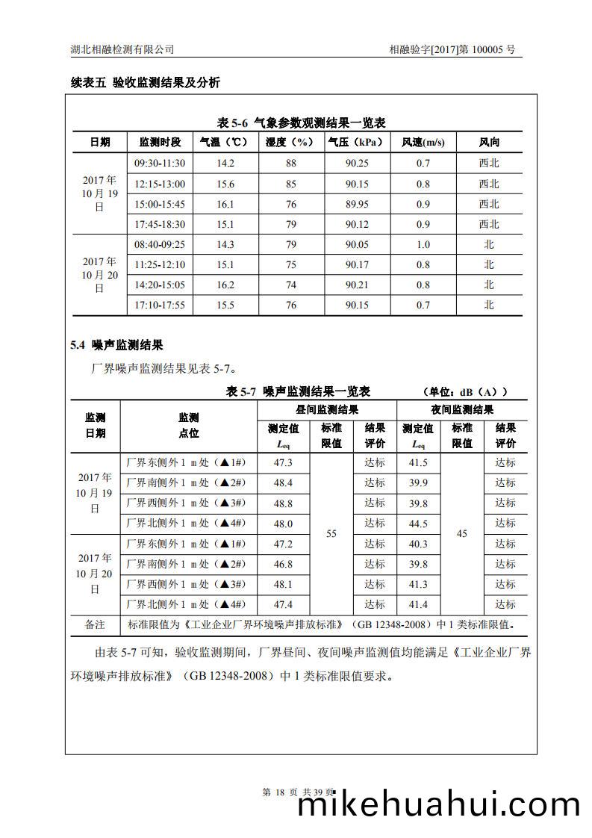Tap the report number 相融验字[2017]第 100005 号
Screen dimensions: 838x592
click(x=452, y=49)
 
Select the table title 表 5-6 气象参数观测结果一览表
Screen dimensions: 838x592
click(x=301, y=122)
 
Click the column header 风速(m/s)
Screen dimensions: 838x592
click(x=423, y=142)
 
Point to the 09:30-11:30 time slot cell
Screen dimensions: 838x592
click(x=159, y=163)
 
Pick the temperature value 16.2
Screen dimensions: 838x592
click(x=225, y=285)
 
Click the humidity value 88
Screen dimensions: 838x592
click(x=291, y=163)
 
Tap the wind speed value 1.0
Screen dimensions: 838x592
click(x=423, y=244)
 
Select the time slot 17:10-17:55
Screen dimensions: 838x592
click(x=159, y=305)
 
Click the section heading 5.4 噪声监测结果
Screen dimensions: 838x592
click(x=116, y=345)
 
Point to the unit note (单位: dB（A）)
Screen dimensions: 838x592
click(x=464, y=391)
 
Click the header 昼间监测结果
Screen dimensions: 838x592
click(x=327, y=409)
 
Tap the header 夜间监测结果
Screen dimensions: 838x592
click(x=462, y=409)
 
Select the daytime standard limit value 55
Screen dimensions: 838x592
click(x=331, y=533)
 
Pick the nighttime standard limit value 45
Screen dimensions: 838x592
click(x=462, y=533)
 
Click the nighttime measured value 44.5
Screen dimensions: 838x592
click(x=418, y=524)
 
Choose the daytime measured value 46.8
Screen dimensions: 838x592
click(x=284, y=564)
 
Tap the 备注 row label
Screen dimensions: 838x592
click(x=95, y=624)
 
